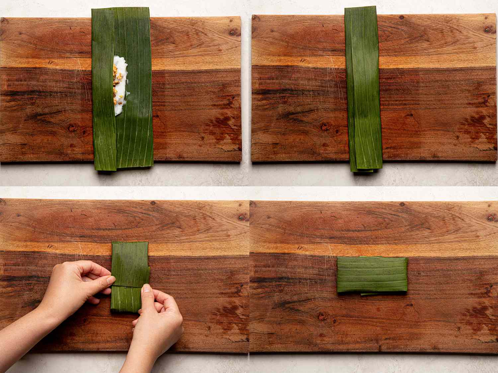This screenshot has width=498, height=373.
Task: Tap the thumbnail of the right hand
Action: [x=146, y=289]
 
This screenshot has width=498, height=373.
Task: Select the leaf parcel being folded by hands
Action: [x=129, y=277]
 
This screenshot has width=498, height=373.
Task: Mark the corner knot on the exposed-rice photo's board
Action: [x=233, y=32]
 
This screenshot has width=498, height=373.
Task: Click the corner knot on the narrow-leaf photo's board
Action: [x=487, y=29]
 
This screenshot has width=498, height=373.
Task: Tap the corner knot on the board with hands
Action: [x=242, y=217]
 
